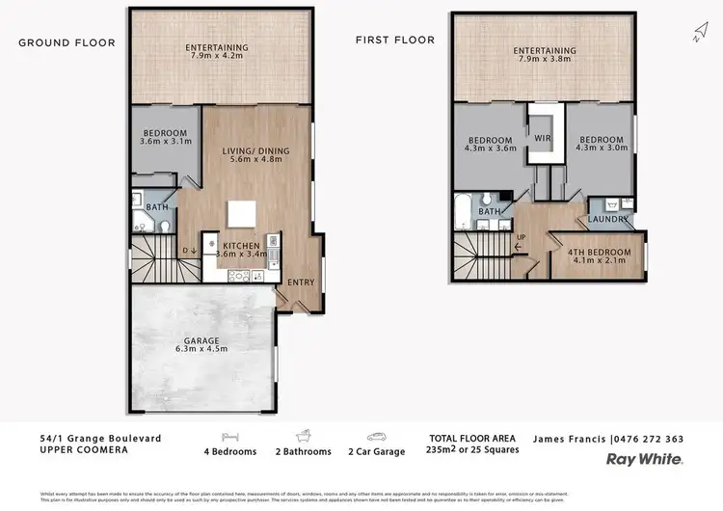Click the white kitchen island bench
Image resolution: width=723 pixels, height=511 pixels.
tap(241, 213)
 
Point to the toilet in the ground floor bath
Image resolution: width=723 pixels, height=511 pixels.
tap(165, 227)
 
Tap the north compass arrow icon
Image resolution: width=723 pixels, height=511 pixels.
tap(699, 33)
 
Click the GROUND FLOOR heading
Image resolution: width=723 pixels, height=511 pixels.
tap(67, 42)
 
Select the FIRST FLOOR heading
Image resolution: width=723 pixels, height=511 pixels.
tap(395, 40)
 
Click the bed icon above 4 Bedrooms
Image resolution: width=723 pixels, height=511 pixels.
tap(229, 436)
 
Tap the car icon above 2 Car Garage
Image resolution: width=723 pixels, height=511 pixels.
tap(376, 436)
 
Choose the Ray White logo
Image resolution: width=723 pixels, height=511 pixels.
tap(644, 460)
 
